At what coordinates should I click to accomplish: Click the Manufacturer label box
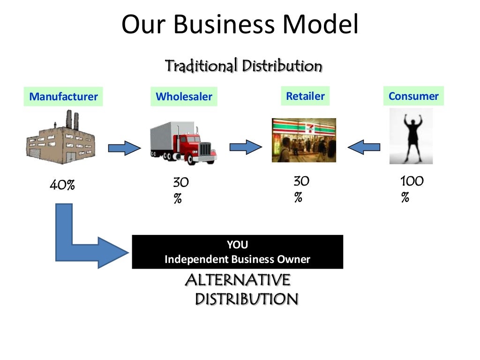coord(63,97)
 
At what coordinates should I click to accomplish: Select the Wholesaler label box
coord(184,97)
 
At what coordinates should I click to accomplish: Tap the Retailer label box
coord(305,96)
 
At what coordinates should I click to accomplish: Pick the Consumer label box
coord(413,96)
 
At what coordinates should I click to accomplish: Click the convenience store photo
coord(304,140)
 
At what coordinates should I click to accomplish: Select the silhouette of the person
coord(411,135)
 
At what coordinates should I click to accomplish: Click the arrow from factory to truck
coord(124,149)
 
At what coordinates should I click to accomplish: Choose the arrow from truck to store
coord(246,147)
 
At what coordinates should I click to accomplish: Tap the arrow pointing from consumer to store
coord(364,148)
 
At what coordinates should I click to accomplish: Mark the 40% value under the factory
coord(62,186)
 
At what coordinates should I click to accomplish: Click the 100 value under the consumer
coord(412,181)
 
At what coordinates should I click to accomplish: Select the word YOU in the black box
coord(237,245)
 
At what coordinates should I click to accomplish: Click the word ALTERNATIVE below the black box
coord(238,280)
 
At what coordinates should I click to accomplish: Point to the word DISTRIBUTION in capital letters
coord(246,299)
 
